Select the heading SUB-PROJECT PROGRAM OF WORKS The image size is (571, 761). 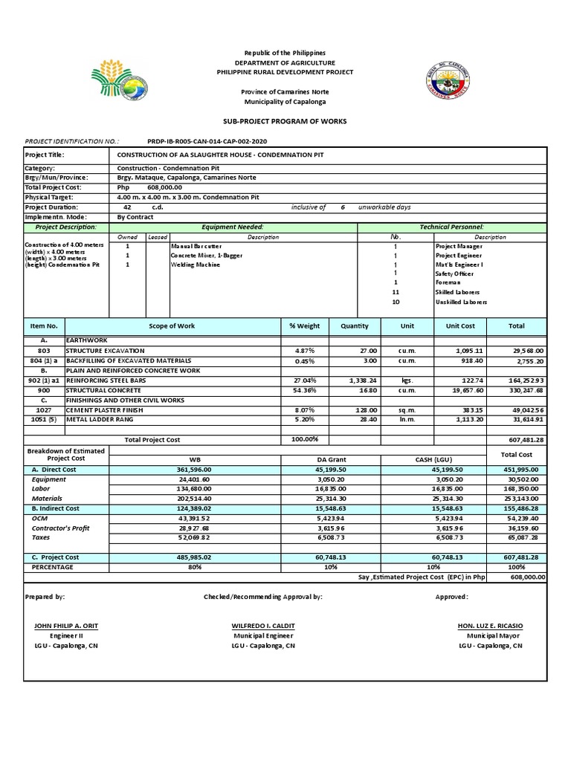pyautogui.click(x=285, y=121)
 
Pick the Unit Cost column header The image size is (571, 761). pyautogui.click(x=460, y=326)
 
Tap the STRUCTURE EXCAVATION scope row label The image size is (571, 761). pyautogui.click(x=105, y=350)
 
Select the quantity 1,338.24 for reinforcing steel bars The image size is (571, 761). pyautogui.click(x=363, y=380)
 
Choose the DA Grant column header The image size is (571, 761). pyautogui.click(x=330, y=459)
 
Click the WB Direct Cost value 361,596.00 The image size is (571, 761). pyautogui.click(x=196, y=469)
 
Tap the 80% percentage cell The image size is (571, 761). pyautogui.click(x=196, y=566)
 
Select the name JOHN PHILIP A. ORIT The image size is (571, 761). pyautogui.click(x=66, y=626)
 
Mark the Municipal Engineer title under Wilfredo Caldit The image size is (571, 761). pyautogui.click(x=262, y=635)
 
